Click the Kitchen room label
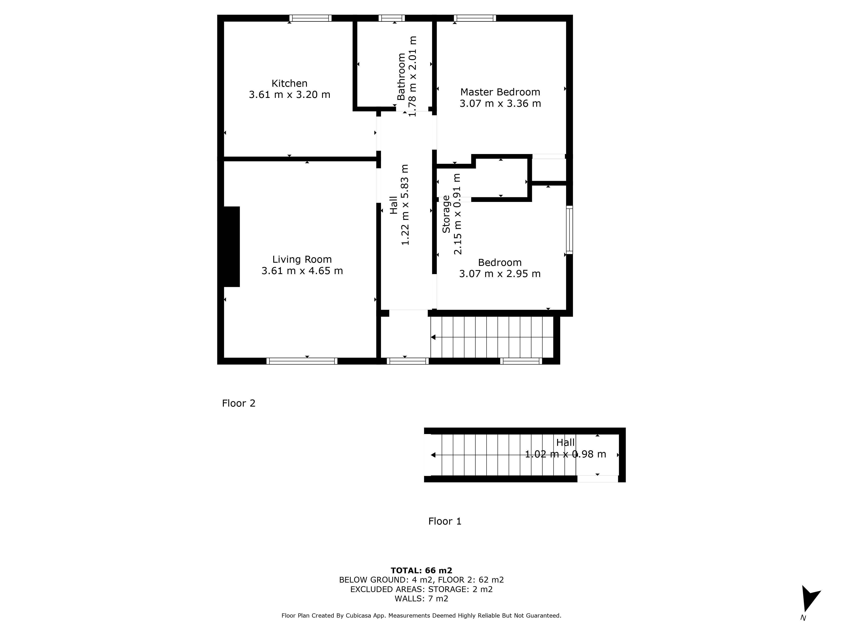[289, 83]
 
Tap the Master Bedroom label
[500, 92]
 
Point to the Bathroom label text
[401, 77]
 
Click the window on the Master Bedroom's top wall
[475, 18]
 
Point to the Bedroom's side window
[569, 230]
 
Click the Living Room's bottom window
[302, 361]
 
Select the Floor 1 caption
[445, 521]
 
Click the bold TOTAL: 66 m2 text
[421, 570]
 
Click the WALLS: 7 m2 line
[421, 599]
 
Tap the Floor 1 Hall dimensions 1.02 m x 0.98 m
[566, 454]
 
